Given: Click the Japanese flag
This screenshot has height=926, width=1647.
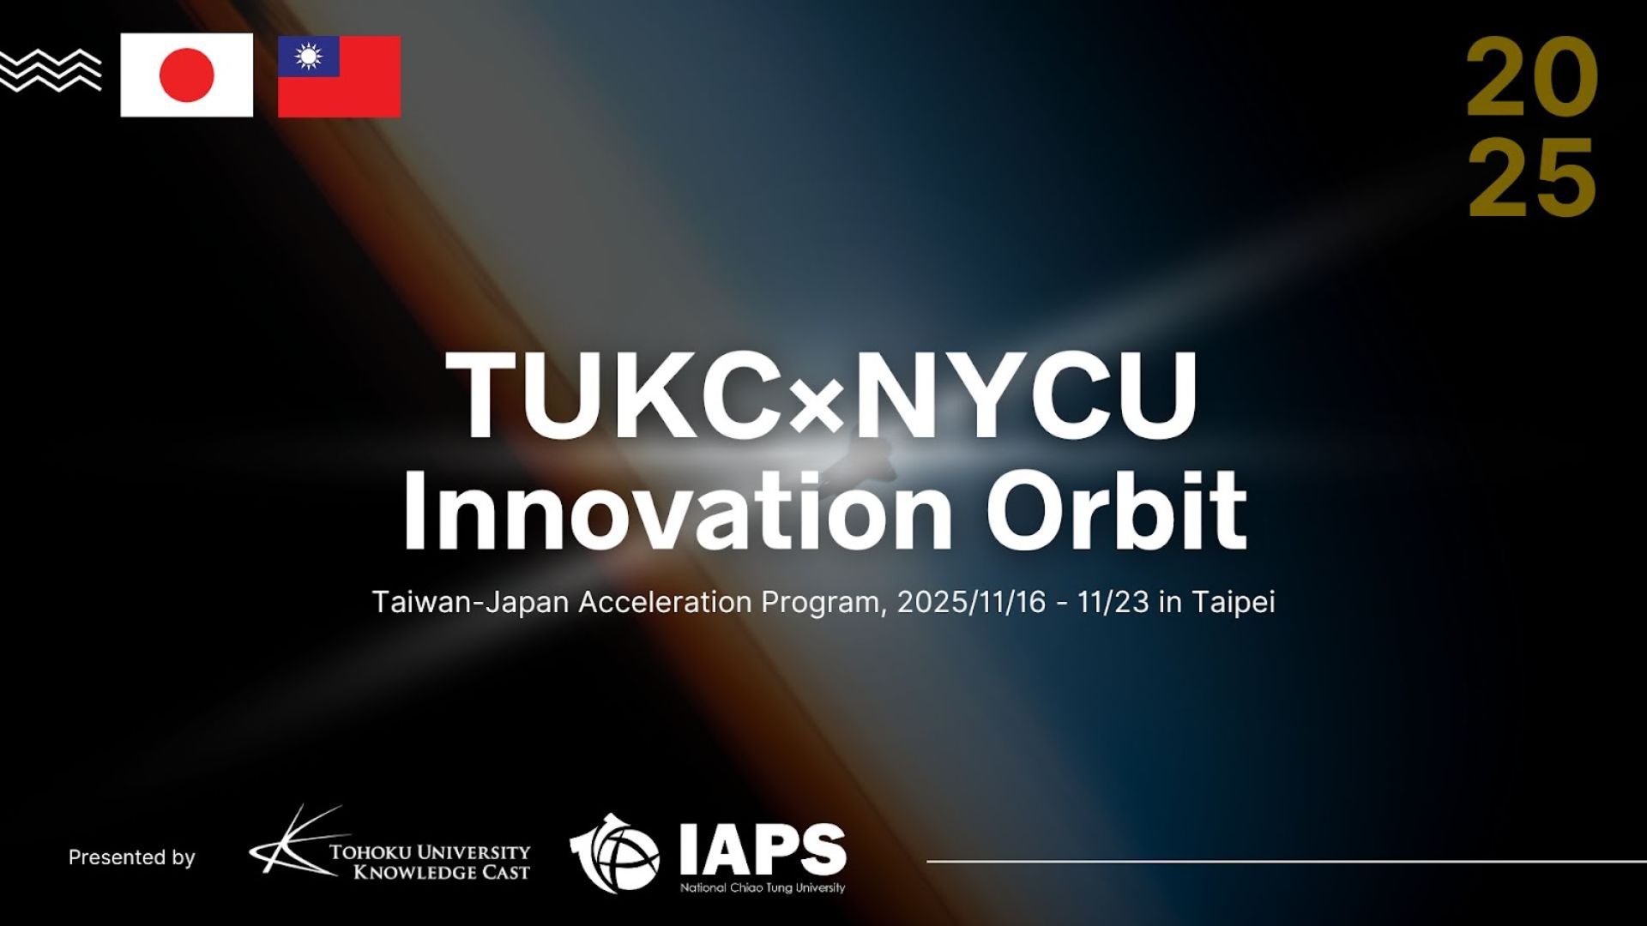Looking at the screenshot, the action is coord(187,75).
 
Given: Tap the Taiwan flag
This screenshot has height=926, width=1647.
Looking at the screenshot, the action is coord(339,76).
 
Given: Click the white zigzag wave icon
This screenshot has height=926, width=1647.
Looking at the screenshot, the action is coord(50,69).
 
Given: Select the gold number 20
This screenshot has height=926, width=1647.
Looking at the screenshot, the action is coord(1532,77).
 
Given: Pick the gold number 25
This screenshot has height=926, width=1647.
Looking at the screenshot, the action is coord(1532,177).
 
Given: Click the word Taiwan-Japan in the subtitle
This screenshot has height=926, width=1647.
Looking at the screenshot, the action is coord(470,602).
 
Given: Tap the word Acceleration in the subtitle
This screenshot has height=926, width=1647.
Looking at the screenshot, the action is coord(665,602).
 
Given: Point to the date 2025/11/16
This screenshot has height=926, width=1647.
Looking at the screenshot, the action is coord(971,602).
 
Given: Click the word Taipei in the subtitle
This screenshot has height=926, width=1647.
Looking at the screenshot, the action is coord(1233,603).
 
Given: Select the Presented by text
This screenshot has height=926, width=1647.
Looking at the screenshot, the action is coord(131,857).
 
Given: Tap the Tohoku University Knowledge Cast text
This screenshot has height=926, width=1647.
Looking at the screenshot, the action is coord(431,863).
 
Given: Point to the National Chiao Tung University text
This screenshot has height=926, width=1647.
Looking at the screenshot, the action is coord(763,888).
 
